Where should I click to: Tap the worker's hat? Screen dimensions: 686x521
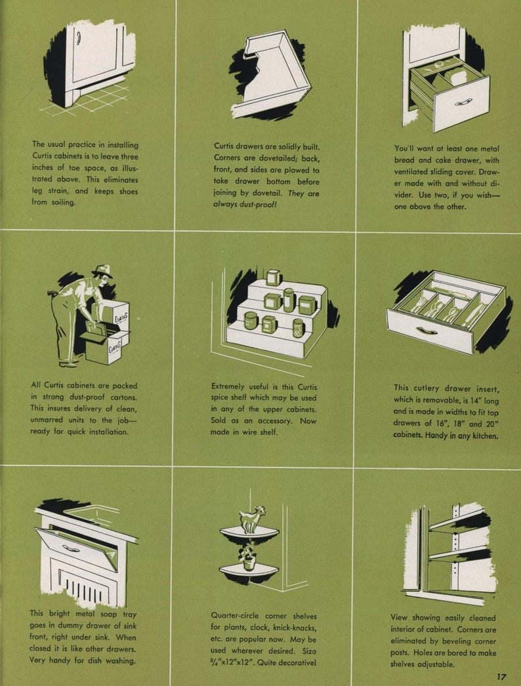pos(102,270)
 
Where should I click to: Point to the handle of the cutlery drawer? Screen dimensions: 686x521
pos(427,331)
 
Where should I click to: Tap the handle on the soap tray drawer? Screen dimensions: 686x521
pos(70,548)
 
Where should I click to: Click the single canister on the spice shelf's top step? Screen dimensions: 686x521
pos(273,277)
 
